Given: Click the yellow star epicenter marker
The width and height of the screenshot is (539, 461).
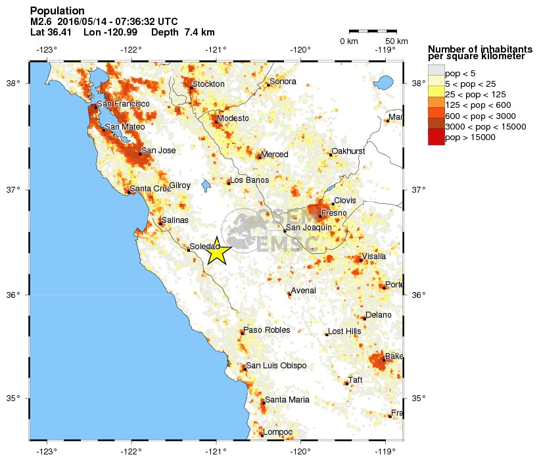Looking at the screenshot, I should [217, 252].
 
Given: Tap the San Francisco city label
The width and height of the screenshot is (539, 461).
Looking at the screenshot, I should [123, 104].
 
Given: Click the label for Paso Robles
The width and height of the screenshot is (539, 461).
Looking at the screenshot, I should [266, 330].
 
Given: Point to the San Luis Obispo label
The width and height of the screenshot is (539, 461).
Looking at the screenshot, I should [276, 366].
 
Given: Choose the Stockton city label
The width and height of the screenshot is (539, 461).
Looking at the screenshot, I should [208, 84].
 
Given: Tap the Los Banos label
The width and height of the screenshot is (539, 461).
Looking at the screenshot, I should [249, 180].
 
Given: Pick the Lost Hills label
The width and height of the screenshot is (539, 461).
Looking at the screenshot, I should [344, 331].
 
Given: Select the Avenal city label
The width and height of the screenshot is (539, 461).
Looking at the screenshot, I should [304, 291].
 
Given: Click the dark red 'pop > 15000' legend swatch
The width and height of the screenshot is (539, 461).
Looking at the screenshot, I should [436, 137].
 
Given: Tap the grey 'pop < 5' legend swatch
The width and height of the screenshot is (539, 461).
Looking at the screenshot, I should [436, 72].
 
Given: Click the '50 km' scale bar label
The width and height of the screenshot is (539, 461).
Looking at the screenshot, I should [389, 41].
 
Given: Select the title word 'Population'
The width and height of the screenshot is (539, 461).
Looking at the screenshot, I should [57, 11].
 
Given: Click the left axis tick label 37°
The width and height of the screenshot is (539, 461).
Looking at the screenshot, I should [14, 190].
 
